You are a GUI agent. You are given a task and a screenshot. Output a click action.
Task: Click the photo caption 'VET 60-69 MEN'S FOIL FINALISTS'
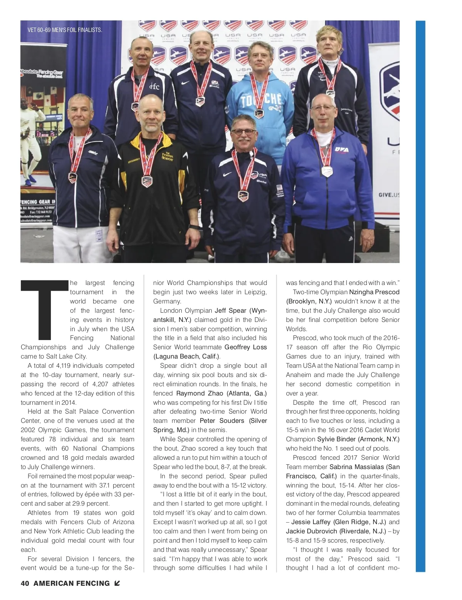pyautogui.click(x=65, y=30)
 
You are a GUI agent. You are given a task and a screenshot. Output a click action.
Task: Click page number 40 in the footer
pyautogui.click(x=25, y=583)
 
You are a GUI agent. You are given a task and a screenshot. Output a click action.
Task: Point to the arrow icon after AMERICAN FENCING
pyautogui.click(x=117, y=583)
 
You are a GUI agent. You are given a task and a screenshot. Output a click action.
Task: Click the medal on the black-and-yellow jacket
pyautogui.click(x=147, y=181)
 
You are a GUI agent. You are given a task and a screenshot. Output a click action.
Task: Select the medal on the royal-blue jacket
pyautogui.click(x=327, y=171)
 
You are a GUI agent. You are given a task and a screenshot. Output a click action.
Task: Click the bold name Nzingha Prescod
pyautogui.click(x=374, y=292)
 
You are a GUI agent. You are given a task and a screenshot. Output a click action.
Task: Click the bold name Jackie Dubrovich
pyautogui.click(x=311, y=531)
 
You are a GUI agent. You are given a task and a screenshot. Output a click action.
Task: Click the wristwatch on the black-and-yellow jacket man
pyautogui.click(x=194, y=227)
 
